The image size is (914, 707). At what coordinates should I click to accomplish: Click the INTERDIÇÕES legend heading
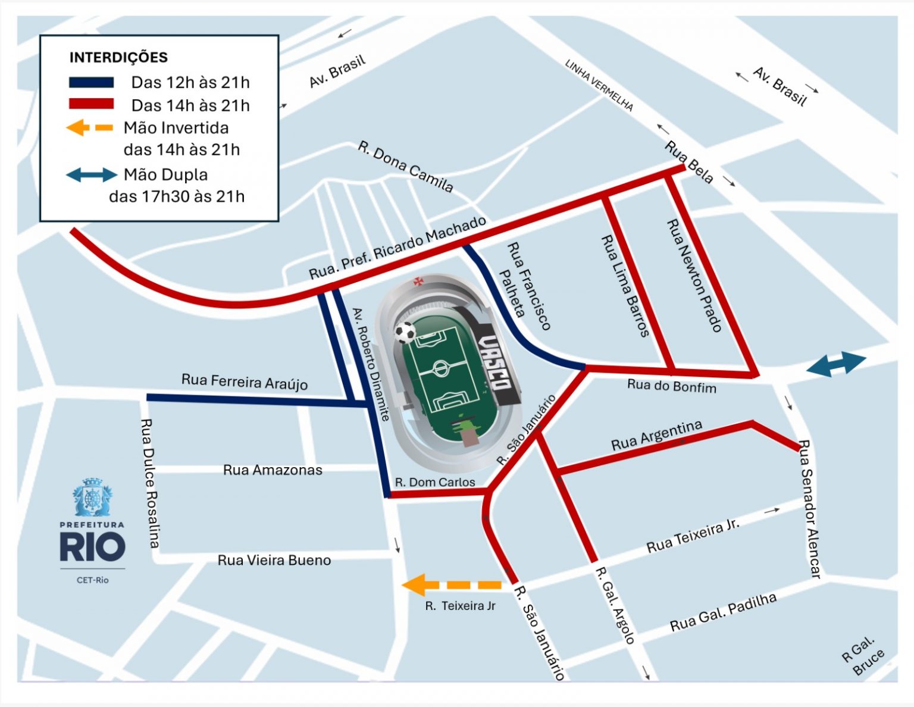(x=118, y=58)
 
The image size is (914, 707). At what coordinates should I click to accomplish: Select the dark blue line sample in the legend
(x=91, y=82)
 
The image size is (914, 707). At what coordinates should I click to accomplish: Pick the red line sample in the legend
(x=91, y=104)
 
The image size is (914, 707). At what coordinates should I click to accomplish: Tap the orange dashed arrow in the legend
(x=89, y=127)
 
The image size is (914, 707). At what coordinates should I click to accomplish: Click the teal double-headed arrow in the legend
(x=91, y=174)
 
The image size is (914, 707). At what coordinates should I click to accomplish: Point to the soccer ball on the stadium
(x=405, y=332)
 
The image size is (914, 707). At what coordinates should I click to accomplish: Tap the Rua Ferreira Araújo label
(x=244, y=381)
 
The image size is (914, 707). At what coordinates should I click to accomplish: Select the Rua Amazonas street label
(x=273, y=470)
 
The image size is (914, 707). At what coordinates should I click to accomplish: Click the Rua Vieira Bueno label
(x=274, y=560)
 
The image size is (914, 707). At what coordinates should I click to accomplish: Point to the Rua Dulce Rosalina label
(x=150, y=483)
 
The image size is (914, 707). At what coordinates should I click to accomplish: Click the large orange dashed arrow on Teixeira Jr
(x=452, y=585)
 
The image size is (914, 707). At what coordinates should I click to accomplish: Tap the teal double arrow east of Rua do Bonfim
(x=836, y=364)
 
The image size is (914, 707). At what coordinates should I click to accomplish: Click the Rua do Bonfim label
(x=671, y=386)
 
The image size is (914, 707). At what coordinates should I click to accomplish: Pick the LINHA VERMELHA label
(x=599, y=85)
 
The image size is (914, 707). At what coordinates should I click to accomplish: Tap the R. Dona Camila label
(x=405, y=167)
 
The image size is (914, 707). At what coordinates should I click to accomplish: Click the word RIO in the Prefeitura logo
(x=92, y=548)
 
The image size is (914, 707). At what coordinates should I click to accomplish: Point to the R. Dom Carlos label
(x=435, y=482)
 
